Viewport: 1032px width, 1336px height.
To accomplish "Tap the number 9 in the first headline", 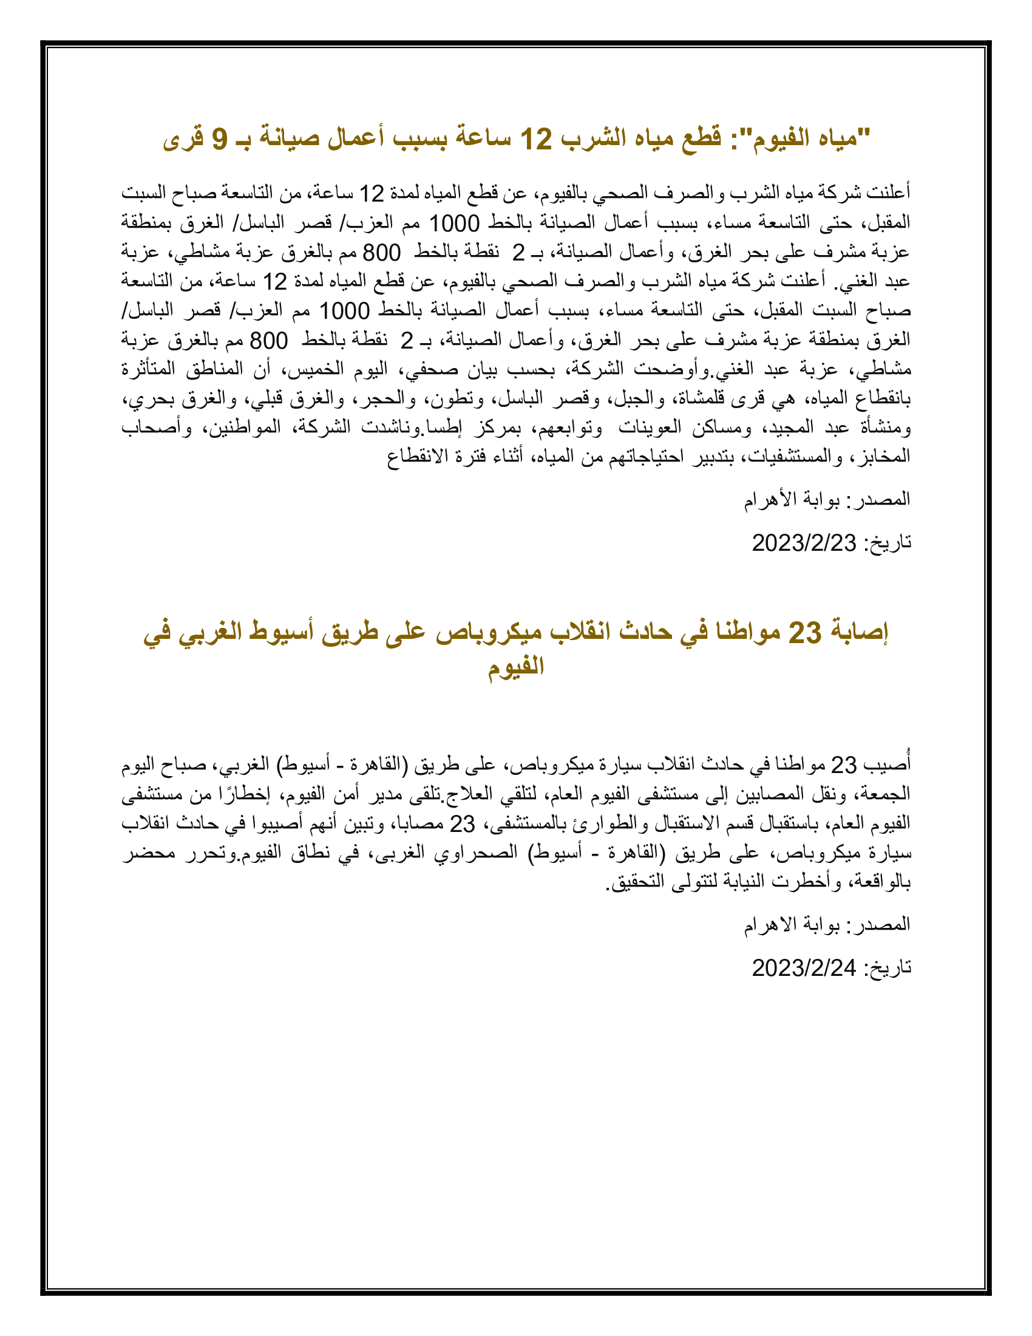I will [x=219, y=139].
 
